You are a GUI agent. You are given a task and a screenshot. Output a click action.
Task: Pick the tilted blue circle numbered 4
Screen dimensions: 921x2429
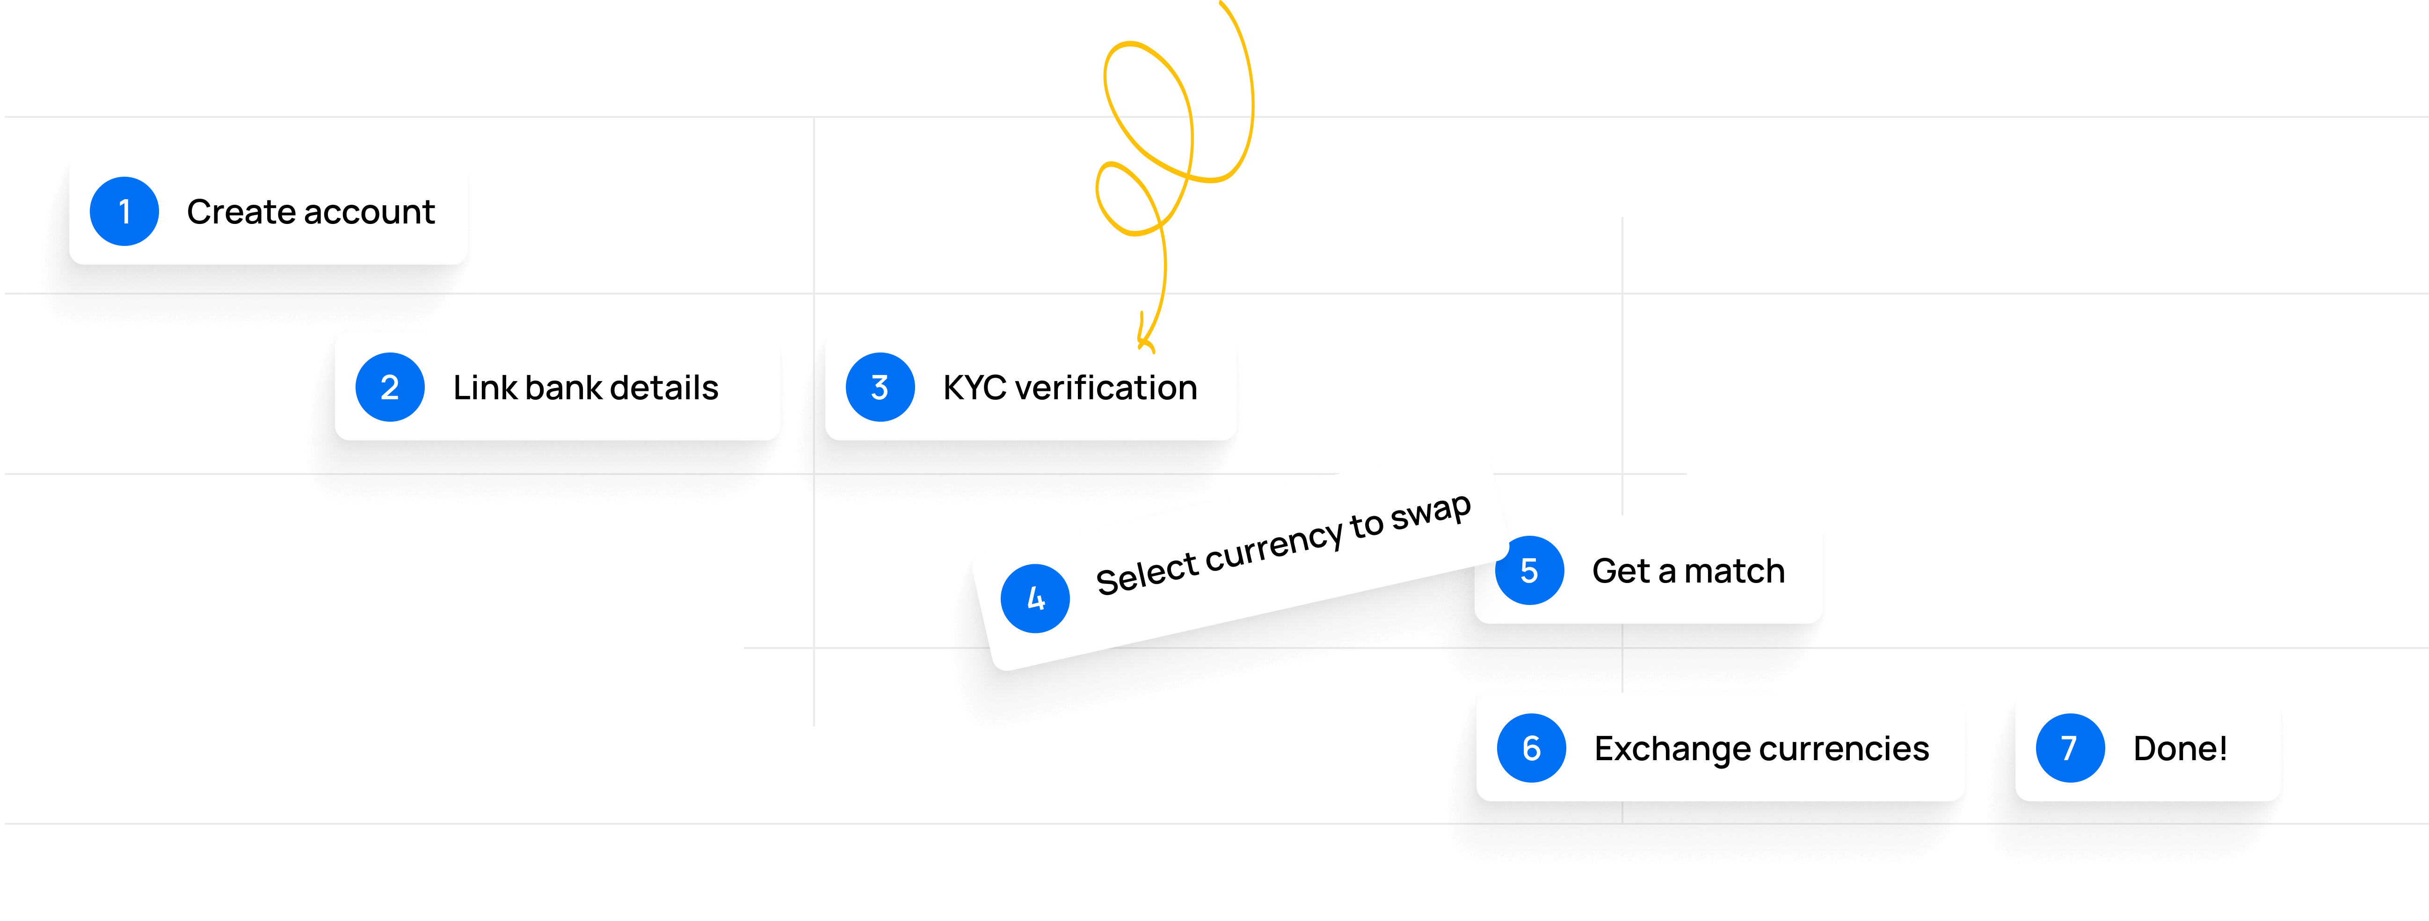[1035, 597]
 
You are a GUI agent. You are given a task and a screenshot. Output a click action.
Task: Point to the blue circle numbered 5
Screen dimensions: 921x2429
[1529, 570]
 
